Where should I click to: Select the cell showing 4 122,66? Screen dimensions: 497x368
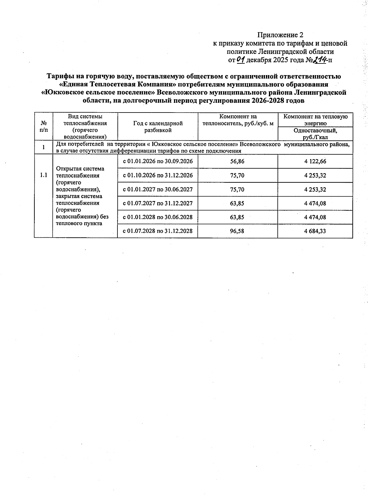(315, 161)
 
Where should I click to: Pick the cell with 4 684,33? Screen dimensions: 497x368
(315, 231)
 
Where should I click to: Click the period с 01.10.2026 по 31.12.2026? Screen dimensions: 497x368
(158, 175)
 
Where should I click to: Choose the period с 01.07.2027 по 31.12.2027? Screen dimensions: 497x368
(158, 203)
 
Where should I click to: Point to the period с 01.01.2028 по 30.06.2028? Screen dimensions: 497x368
(158, 217)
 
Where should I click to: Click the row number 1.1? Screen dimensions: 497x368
(44, 175)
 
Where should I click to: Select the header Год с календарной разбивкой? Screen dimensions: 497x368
(158, 127)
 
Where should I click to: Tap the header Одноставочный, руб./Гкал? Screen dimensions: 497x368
(315, 134)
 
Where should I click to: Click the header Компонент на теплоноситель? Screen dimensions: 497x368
(238, 120)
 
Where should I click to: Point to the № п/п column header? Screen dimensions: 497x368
(44, 126)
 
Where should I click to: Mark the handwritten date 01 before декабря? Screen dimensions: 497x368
(240, 59)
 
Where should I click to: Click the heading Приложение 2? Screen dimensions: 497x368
(280, 35)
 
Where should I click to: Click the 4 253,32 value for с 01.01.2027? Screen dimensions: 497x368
(315, 189)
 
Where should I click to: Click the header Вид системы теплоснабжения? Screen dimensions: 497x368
(85, 127)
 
